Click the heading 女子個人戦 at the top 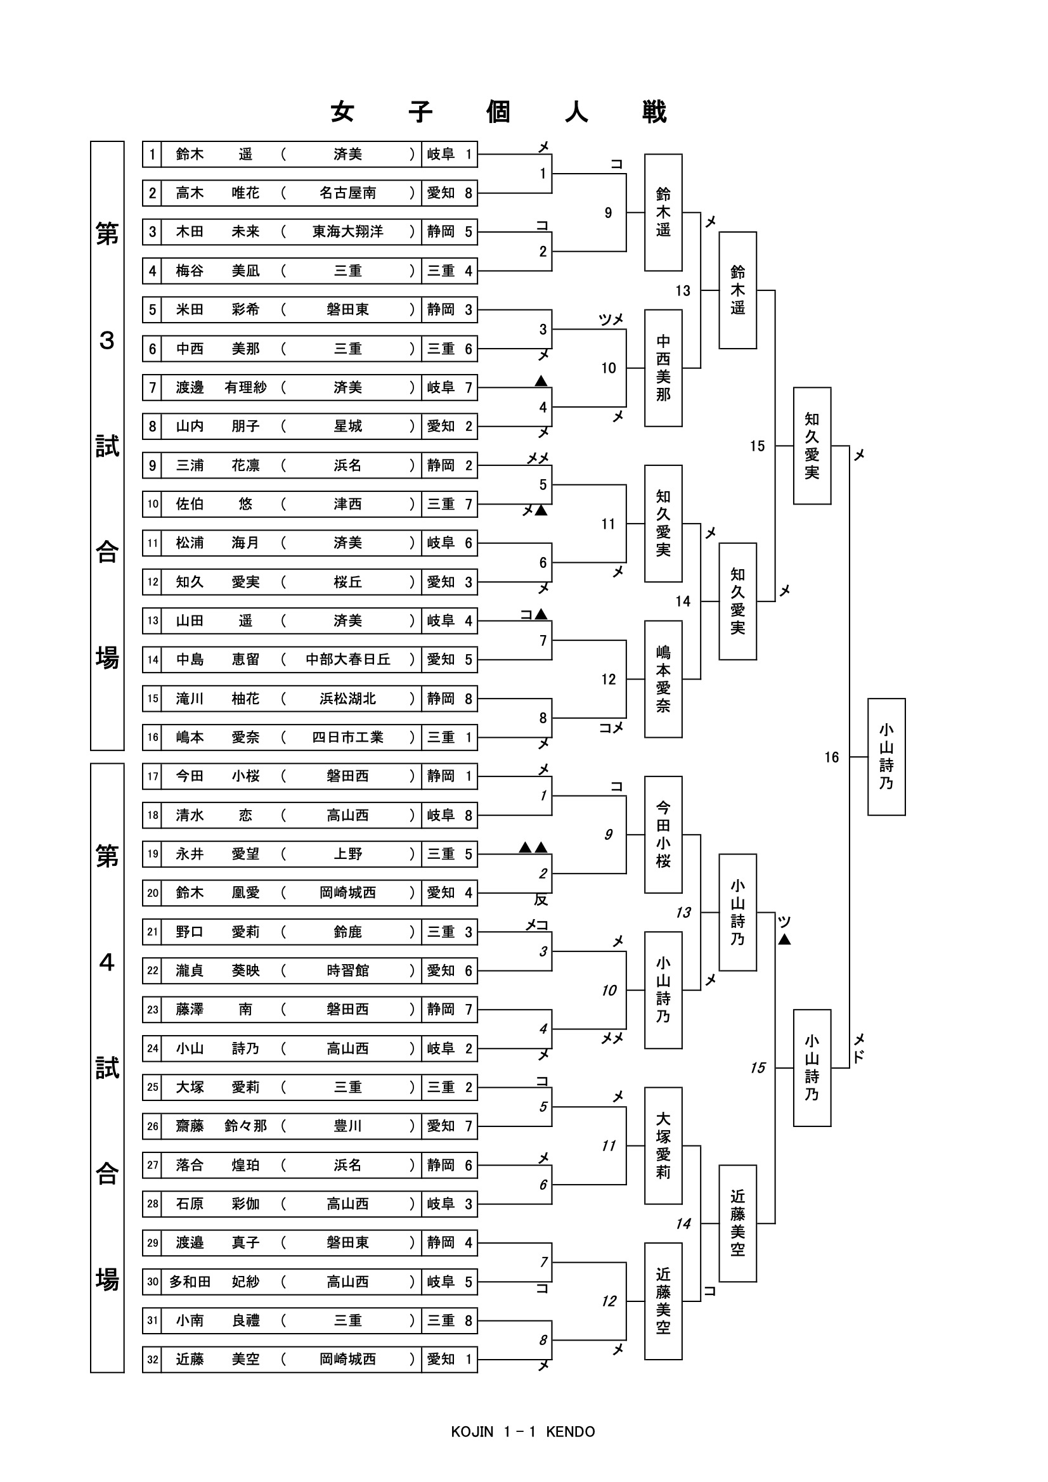[498, 112]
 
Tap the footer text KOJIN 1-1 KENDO [523, 1432]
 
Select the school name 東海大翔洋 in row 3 [347, 232]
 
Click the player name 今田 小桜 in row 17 [217, 776]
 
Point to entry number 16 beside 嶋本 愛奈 [152, 737]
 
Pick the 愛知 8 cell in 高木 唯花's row [450, 193]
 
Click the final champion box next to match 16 [886, 756]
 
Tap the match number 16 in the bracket [831, 757]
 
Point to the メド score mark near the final [859, 1048]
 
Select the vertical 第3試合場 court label [107, 446]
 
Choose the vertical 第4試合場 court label [107, 1067]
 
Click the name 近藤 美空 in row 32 [217, 1360]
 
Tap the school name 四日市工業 [347, 737]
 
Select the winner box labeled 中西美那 [663, 368]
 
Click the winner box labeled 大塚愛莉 [663, 1145]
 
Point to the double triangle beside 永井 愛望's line [534, 847]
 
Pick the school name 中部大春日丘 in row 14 [347, 660]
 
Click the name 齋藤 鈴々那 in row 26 [221, 1126]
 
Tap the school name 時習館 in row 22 [347, 971]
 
